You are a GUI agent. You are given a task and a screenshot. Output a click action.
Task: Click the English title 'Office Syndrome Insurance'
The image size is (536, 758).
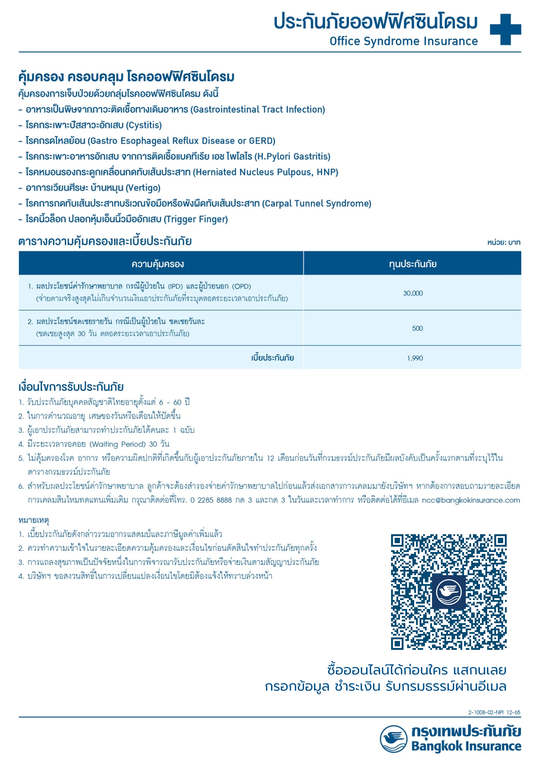point(404,41)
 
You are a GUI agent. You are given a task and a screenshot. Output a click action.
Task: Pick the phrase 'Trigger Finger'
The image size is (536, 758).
point(196,219)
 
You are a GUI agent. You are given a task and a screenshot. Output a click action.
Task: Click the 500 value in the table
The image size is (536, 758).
point(417,328)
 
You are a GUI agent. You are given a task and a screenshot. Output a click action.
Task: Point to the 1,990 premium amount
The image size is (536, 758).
point(415,358)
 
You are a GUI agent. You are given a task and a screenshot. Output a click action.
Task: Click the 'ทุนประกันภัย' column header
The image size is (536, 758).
point(413,264)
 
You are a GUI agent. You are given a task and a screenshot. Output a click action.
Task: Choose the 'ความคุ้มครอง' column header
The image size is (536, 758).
point(158,264)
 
